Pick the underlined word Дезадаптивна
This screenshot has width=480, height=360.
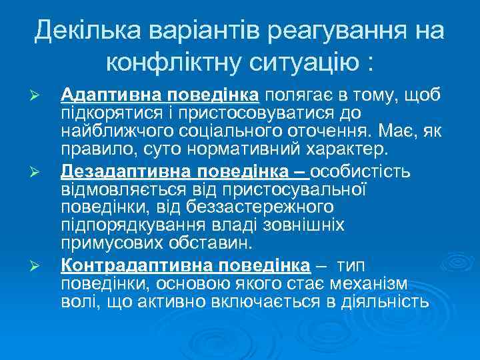tap(117, 172)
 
